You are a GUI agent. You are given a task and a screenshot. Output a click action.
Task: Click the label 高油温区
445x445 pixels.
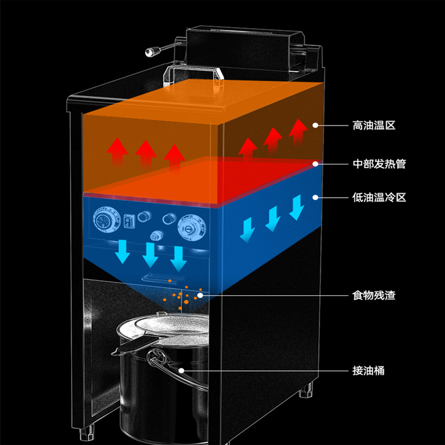(x=373, y=126)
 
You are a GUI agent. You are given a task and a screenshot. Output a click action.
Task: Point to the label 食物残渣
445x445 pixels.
(x=373, y=295)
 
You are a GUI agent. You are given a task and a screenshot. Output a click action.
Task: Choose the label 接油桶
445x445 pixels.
(x=368, y=370)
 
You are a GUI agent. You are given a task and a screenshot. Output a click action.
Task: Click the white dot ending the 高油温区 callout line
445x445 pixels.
(x=315, y=126)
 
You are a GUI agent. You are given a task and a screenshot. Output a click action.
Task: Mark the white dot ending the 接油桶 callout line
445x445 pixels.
(x=182, y=370)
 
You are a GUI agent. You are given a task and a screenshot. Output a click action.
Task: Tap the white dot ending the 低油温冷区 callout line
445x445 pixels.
(x=315, y=197)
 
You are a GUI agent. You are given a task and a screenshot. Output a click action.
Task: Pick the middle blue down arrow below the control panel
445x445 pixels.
(x=150, y=254)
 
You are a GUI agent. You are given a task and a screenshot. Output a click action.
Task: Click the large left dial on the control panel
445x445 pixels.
(x=104, y=220)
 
